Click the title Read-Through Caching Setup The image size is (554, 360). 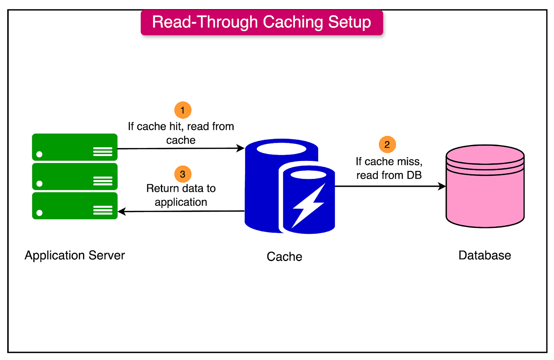261,22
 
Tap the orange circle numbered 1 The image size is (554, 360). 183,110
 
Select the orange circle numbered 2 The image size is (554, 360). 387,145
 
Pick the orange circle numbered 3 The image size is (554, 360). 183,174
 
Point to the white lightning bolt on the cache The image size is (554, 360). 308,205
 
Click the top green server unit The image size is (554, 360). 75,147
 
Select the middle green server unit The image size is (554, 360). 75,177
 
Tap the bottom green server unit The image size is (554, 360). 75,206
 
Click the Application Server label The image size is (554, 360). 75,255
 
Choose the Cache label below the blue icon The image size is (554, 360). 284,256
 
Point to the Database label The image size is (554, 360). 484,255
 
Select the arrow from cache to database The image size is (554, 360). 390,186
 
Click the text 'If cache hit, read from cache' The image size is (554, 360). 181,133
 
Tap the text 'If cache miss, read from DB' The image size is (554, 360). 389,168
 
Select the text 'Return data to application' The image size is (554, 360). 181,195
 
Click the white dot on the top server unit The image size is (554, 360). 39,155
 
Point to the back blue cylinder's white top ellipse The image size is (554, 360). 282,148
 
